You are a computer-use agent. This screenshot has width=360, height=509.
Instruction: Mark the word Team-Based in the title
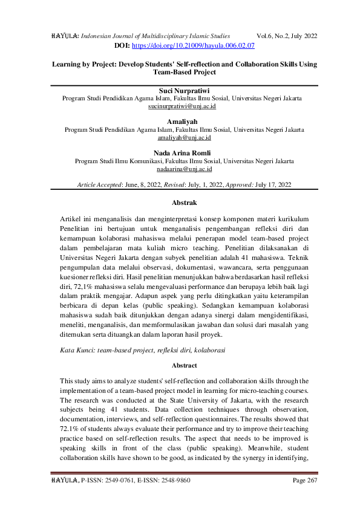tap(169, 72)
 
